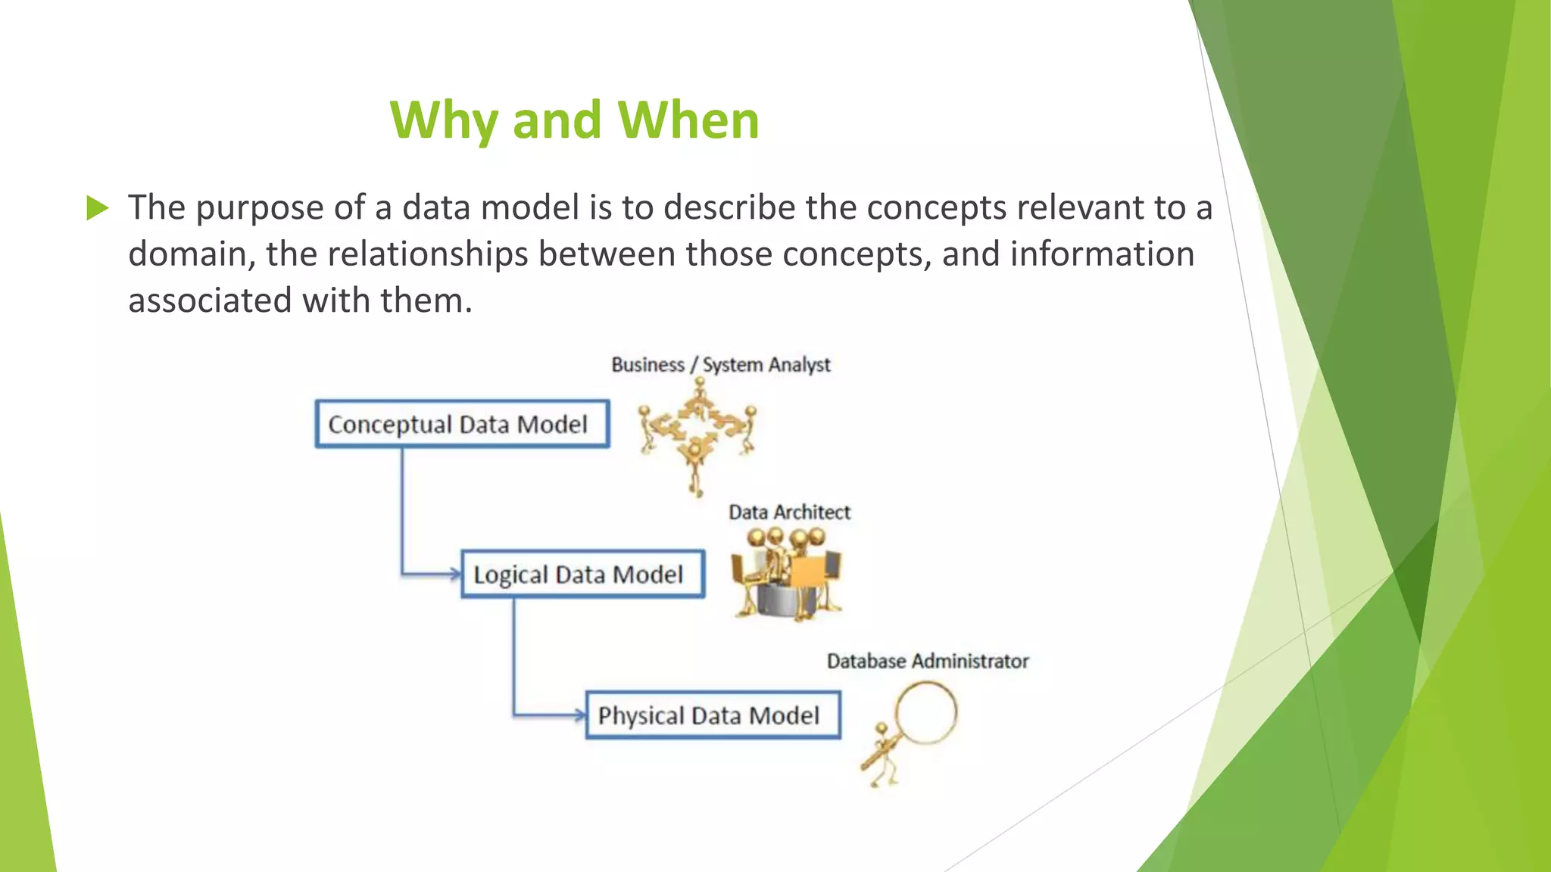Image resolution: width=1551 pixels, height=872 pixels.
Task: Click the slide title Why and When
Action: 574,120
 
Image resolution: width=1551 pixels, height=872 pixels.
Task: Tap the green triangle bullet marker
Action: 98,207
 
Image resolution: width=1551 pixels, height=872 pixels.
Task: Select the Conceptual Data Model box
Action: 462,424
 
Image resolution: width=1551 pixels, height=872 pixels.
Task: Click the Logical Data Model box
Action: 582,575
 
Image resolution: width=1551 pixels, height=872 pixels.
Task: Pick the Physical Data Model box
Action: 713,715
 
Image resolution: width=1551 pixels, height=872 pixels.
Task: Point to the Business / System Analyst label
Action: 720,365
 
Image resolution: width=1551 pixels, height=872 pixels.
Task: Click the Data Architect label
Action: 789,512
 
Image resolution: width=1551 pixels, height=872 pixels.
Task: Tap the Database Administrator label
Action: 927,662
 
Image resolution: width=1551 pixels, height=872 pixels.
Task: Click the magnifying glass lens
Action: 925,713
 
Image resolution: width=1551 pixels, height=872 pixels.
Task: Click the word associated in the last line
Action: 210,301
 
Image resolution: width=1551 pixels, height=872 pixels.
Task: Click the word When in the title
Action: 688,120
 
